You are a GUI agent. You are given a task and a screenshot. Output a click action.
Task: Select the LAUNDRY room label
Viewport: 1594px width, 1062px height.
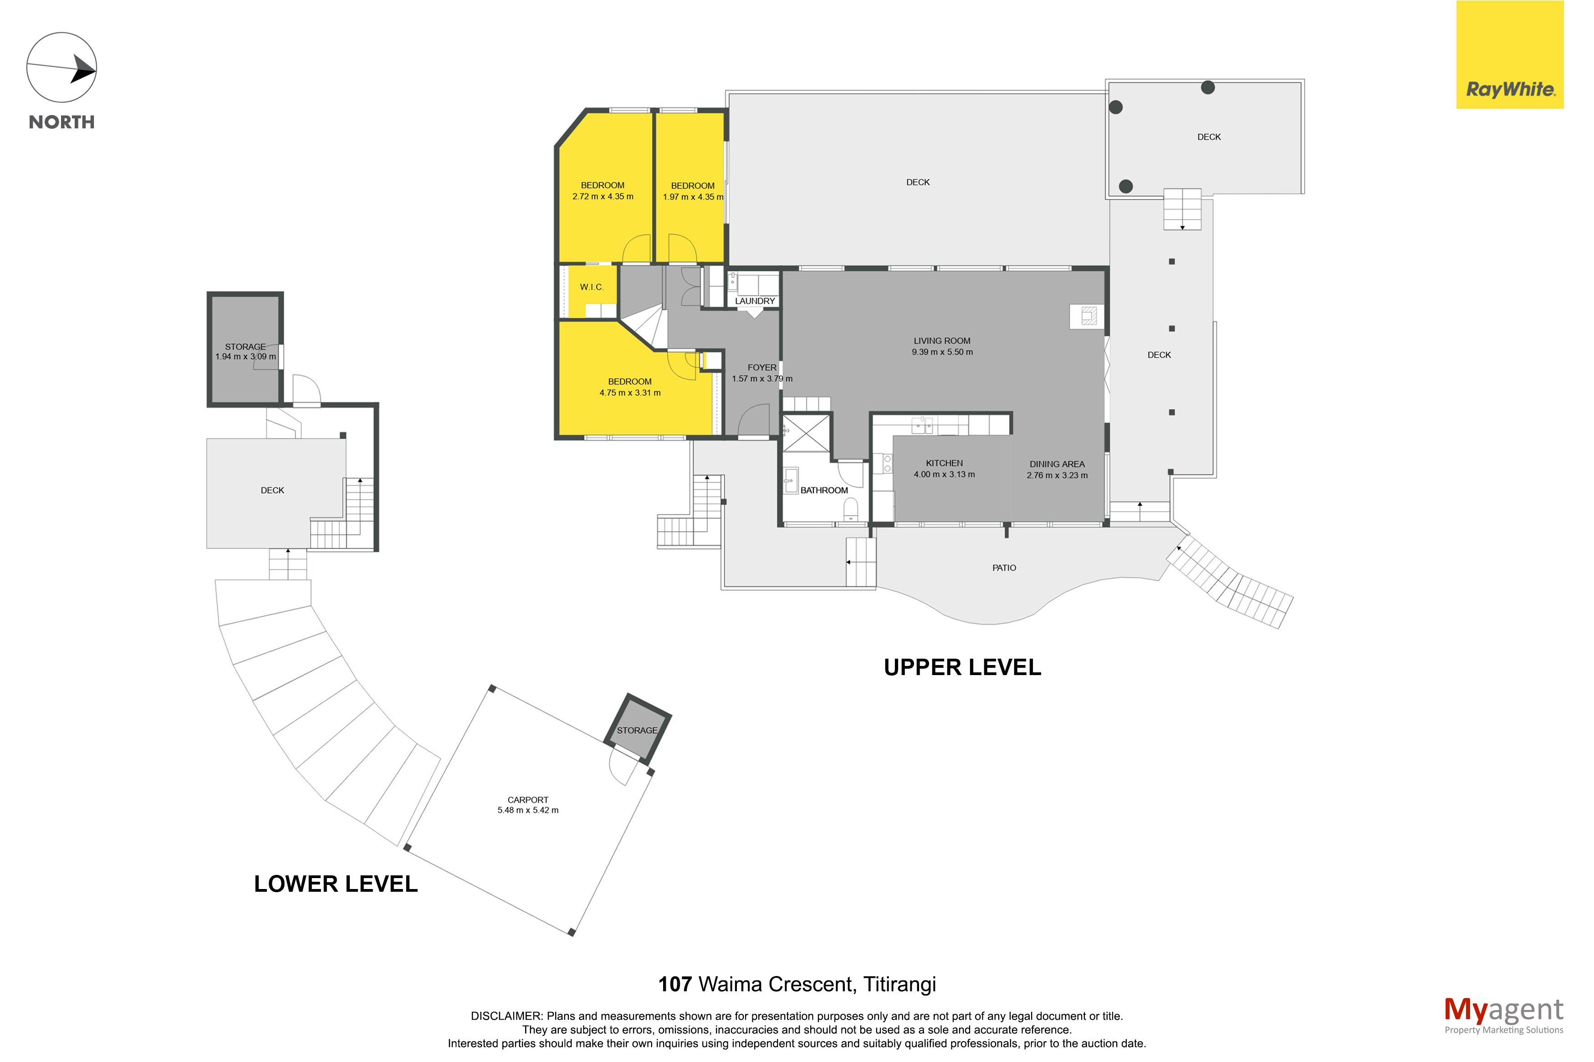(755, 301)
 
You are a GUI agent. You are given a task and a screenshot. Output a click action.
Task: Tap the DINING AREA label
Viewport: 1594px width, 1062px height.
(1057, 464)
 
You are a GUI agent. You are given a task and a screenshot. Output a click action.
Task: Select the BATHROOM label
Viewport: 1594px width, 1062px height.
(824, 490)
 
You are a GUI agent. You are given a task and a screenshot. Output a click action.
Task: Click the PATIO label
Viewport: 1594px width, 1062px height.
(1004, 568)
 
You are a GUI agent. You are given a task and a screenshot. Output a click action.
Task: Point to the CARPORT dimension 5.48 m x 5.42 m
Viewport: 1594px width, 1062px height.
(528, 810)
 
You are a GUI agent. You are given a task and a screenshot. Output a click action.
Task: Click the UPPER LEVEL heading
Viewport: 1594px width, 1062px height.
(962, 667)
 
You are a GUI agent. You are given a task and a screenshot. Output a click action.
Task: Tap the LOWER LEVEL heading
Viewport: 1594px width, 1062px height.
(335, 884)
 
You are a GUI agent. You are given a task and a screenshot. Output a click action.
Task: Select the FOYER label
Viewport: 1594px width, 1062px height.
(761, 367)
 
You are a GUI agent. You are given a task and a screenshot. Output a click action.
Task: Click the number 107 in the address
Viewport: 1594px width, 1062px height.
(675, 984)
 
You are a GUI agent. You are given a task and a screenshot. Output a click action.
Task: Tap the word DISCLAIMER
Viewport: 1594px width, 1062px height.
(506, 1016)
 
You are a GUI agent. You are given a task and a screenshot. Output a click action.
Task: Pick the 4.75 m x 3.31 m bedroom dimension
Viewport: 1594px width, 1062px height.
(629, 393)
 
